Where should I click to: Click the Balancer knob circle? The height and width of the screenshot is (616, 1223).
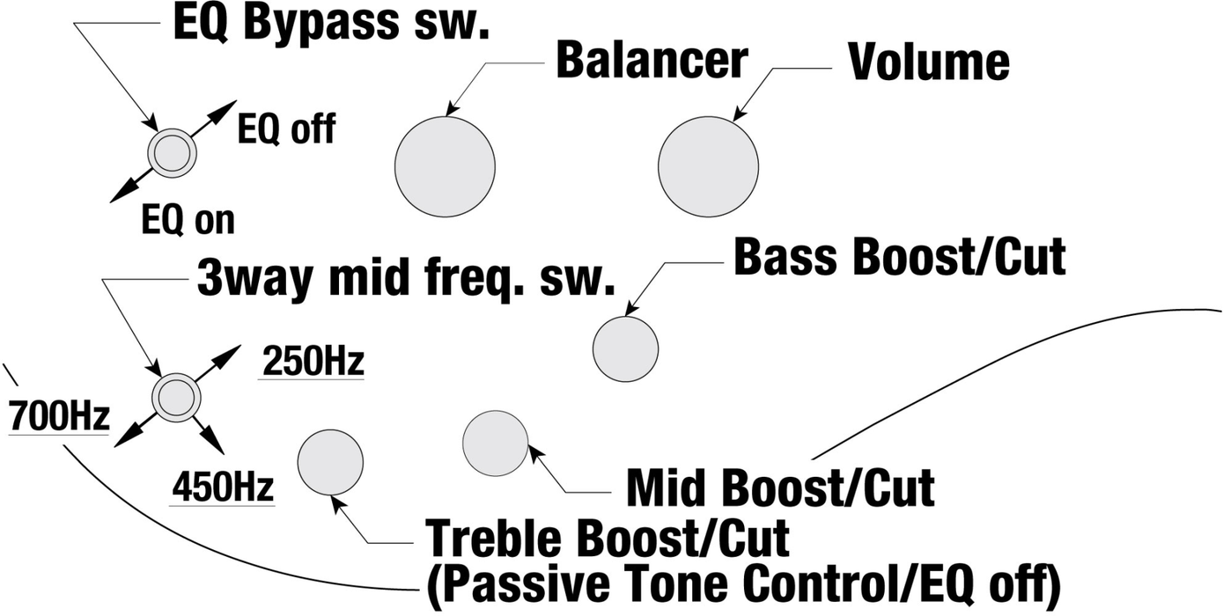tap(444, 166)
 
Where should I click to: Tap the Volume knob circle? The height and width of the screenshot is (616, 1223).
tap(708, 166)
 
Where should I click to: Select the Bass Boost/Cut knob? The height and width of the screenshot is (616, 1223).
tap(625, 348)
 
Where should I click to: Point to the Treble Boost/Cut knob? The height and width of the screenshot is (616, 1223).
tap(330, 463)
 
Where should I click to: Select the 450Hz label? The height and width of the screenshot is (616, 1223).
tap(223, 487)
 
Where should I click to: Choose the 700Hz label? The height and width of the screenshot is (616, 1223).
tap(58, 415)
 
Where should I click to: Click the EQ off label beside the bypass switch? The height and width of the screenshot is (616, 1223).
tap(286, 130)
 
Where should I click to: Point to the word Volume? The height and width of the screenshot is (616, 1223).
tap(928, 62)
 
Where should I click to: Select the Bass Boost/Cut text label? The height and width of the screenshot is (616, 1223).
tap(899, 256)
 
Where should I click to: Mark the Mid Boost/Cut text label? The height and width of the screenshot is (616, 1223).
tap(779, 487)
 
